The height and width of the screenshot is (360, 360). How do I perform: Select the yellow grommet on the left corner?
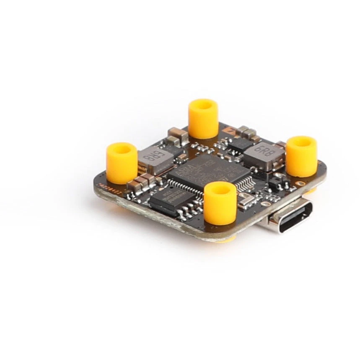tap(122, 162)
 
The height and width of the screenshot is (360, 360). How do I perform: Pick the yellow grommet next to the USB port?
tap(301, 155)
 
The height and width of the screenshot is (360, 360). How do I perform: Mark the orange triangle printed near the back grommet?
tap(230, 130)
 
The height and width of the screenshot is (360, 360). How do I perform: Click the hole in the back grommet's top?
tap(203, 104)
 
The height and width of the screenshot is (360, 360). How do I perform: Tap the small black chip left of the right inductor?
tap(236, 145)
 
